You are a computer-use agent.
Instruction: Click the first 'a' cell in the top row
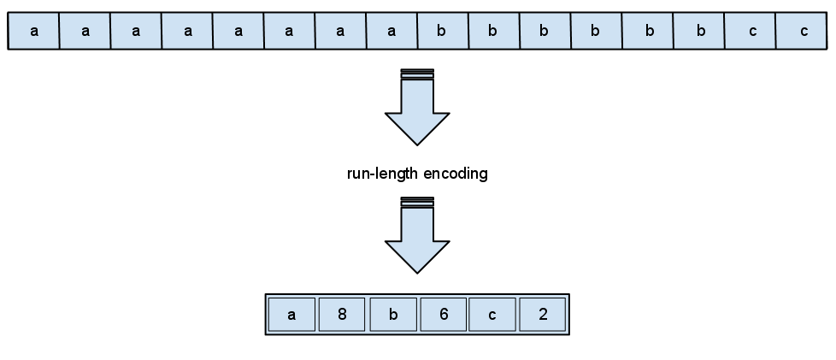(x=34, y=32)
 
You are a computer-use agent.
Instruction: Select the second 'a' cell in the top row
(x=85, y=32)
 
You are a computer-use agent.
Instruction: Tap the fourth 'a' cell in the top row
(x=187, y=32)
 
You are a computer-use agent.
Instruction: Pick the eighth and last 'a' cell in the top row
(x=392, y=32)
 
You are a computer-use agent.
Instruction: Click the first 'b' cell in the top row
(x=442, y=32)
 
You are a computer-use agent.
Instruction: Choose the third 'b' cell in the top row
(x=545, y=32)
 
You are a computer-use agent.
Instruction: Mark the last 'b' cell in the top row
(x=698, y=32)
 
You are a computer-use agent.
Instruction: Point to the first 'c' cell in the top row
(x=752, y=32)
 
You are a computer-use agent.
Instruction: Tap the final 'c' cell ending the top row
(x=804, y=32)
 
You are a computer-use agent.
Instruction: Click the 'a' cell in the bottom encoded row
(x=292, y=315)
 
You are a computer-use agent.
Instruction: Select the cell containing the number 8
(x=342, y=315)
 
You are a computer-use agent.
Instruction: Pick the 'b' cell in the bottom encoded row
(x=392, y=315)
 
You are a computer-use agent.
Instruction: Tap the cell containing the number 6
(x=444, y=315)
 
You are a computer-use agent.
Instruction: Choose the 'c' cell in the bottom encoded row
(x=493, y=315)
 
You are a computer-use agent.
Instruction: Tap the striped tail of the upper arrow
(x=417, y=74)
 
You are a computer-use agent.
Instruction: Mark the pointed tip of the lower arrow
(x=417, y=269)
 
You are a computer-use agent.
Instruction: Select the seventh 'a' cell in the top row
(x=340, y=32)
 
